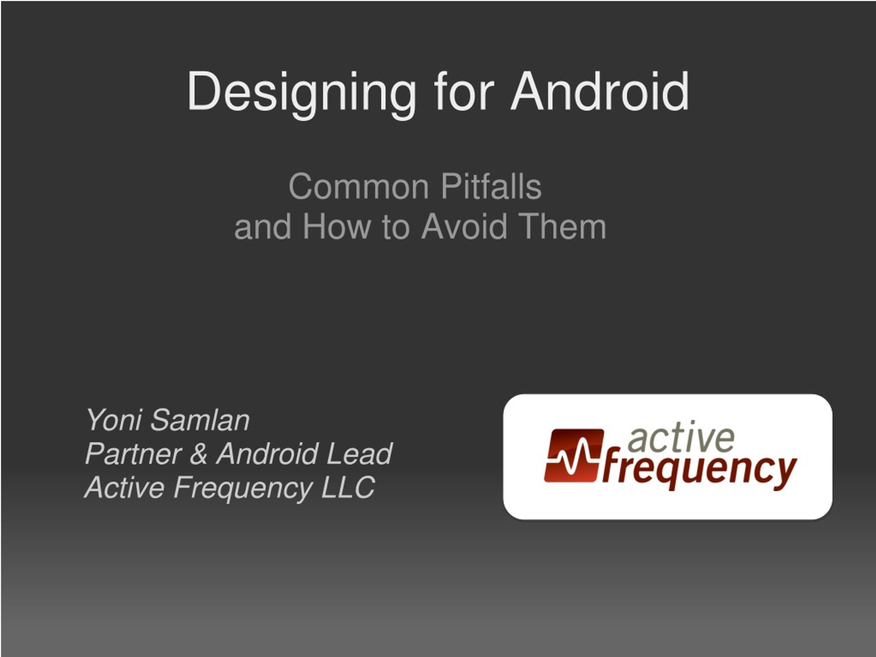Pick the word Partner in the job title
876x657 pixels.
(133, 454)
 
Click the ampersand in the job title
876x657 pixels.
(198, 454)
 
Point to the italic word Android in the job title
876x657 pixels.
(267, 454)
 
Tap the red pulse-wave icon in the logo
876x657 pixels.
(574, 456)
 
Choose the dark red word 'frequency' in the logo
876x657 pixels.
(699, 470)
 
